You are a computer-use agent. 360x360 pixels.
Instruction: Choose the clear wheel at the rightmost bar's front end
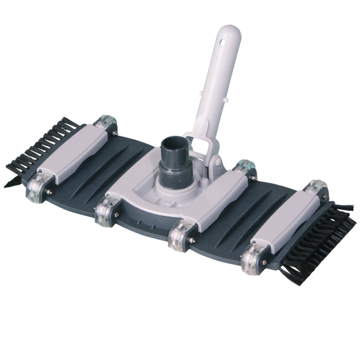click(x=249, y=259)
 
